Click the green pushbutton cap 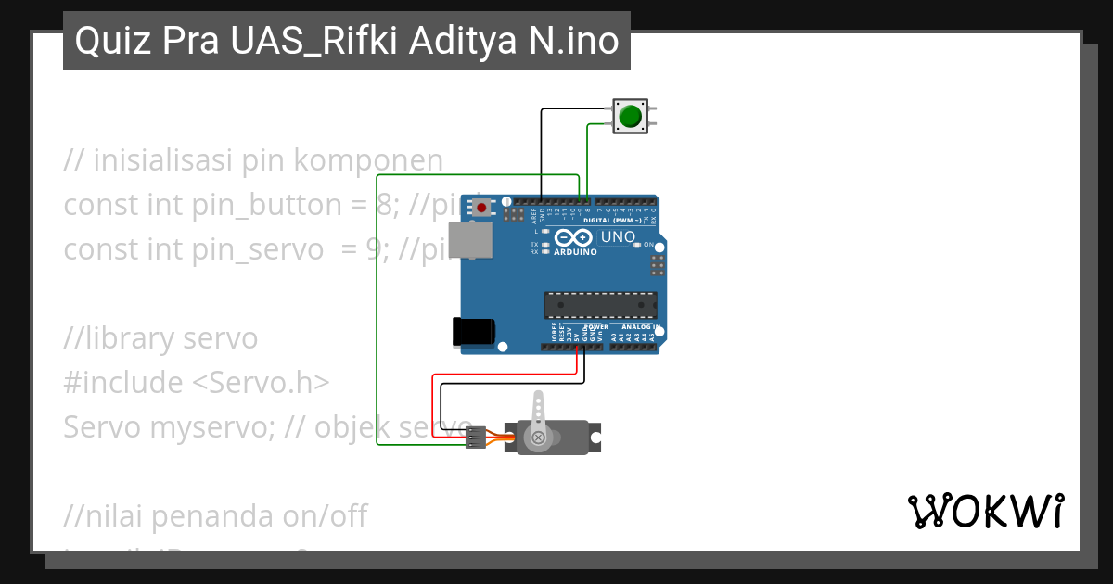click(x=631, y=116)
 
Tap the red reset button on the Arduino click(x=481, y=209)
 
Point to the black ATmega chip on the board click(x=600, y=305)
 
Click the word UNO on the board click(x=618, y=237)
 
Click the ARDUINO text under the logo click(x=575, y=251)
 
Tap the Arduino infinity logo click(x=575, y=237)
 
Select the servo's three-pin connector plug click(x=476, y=438)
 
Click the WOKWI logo click(x=985, y=512)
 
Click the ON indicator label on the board click(x=649, y=245)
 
